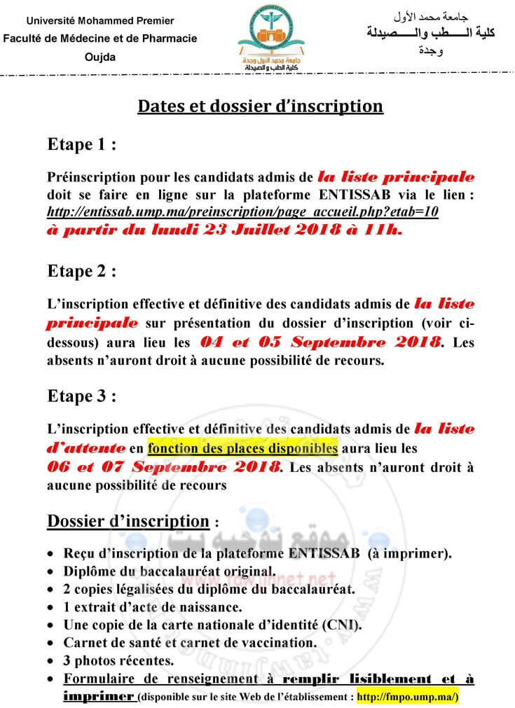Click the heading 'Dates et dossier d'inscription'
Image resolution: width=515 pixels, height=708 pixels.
pos(260,106)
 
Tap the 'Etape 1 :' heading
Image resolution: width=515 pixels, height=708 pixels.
pos(81,145)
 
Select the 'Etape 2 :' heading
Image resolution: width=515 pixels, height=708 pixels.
pos(81,271)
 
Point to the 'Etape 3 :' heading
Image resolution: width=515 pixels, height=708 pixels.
pos(81,396)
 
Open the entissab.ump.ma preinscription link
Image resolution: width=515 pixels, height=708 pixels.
pos(242,211)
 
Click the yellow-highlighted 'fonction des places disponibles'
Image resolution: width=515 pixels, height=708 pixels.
pos(243,447)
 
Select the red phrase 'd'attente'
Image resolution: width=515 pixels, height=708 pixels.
pos(86,447)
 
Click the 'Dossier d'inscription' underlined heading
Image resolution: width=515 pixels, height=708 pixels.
pos(128,522)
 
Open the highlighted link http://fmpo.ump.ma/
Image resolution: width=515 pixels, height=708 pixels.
pos(408,697)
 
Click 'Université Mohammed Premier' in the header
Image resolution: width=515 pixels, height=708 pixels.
pos(99,16)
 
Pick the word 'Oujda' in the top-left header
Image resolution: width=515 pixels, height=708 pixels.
pos(99,57)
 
